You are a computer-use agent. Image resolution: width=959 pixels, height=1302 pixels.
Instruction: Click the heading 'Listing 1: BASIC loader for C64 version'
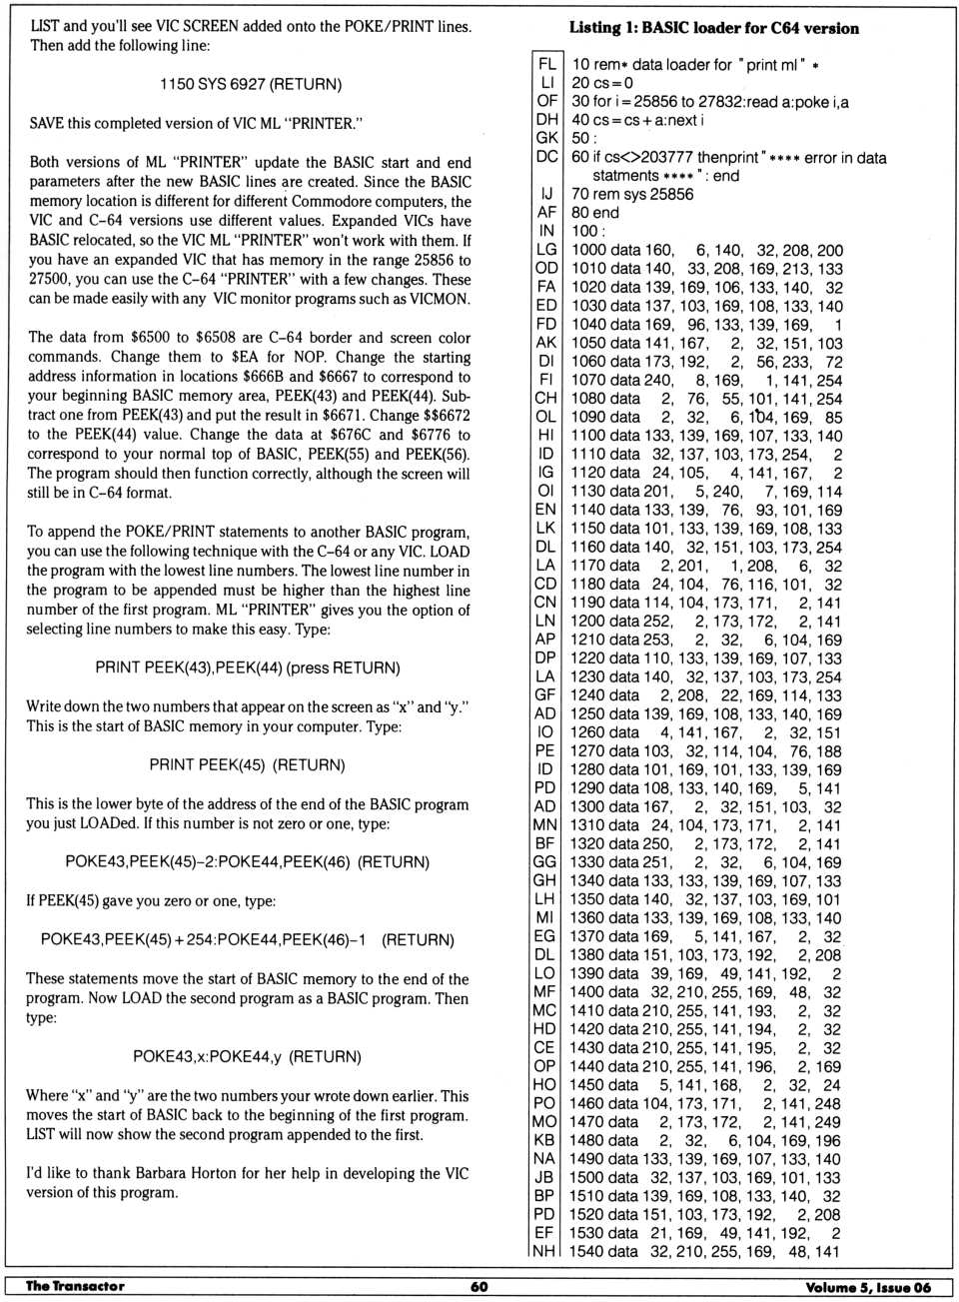[x=713, y=28]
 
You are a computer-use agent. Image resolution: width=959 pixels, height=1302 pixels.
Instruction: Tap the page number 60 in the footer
[x=479, y=1287]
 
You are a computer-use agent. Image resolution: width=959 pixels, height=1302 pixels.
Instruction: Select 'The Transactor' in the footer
[x=75, y=1287]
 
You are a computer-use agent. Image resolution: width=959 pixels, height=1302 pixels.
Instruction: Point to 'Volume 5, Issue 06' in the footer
[x=867, y=1287]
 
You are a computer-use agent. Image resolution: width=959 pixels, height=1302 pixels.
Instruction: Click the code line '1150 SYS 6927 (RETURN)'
[x=250, y=84]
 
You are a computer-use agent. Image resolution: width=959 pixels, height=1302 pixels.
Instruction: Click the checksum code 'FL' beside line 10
[x=546, y=64]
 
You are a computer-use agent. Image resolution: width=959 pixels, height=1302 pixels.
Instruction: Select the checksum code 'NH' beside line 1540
[x=544, y=1251]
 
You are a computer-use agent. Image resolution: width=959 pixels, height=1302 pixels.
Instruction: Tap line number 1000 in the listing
[x=589, y=250]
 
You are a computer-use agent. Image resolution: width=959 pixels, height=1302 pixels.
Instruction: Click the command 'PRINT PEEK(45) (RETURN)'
[x=247, y=764]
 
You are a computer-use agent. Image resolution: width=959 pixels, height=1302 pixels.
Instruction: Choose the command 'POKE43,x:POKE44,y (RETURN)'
[x=247, y=1056]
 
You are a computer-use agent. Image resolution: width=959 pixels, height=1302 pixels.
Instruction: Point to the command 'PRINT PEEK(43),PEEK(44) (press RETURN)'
[x=247, y=667]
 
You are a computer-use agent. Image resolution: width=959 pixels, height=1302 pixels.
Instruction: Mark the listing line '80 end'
[x=594, y=212]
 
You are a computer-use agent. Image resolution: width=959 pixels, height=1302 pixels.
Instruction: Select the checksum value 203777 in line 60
[x=665, y=157]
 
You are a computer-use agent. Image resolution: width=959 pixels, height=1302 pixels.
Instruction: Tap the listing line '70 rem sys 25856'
[x=631, y=194]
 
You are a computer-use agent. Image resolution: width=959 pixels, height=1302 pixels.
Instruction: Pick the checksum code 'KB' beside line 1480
[x=544, y=1140]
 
